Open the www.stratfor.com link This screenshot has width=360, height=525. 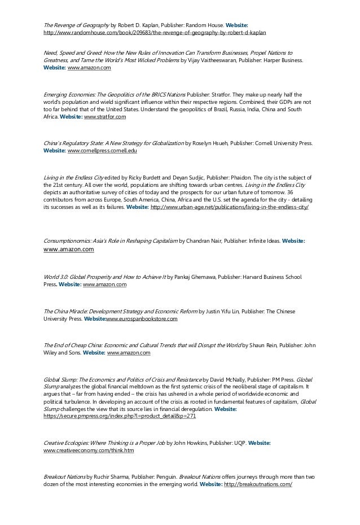tap(105, 117)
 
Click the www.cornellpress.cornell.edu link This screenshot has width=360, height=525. tap(102, 151)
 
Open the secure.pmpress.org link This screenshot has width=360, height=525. tap(120, 415)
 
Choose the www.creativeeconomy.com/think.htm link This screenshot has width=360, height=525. tap(89, 451)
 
